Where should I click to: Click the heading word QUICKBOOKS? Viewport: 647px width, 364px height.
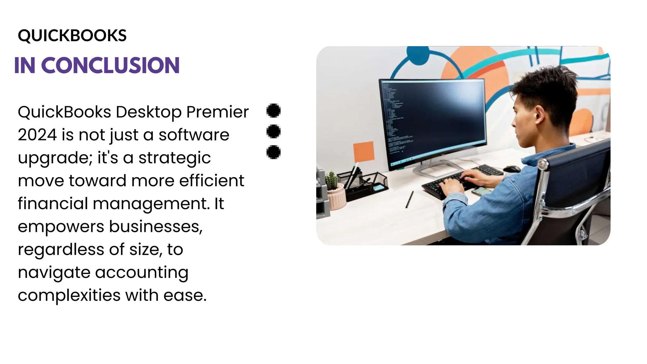click(72, 35)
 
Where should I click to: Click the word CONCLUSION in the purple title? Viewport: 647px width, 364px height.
click(110, 65)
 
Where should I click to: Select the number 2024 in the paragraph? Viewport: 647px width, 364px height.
click(37, 135)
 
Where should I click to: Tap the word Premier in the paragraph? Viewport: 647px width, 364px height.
click(217, 112)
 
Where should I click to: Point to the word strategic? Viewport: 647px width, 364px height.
click(174, 158)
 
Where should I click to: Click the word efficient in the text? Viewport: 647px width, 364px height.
click(212, 181)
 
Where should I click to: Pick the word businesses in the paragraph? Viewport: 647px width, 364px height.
click(155, 227)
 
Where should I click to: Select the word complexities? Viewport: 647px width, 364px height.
click(69, 295)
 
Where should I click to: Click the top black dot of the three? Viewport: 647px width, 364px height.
click(274, 110)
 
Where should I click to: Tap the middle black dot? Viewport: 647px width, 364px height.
click(274, 131)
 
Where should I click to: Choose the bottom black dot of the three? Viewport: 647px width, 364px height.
click(274, 152)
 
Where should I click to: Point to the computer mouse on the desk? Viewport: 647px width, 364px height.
click(511, 169)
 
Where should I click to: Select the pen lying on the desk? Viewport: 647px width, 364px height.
click(409, 199)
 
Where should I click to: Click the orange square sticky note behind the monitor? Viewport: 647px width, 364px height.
click(364, 152)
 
